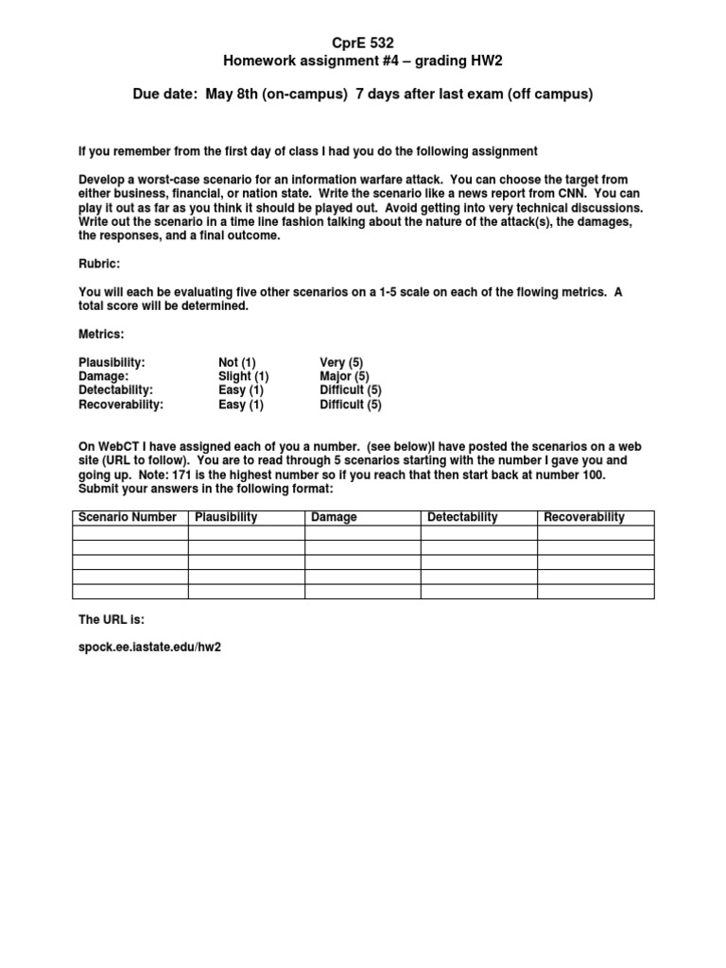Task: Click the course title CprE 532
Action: click(x=362, y=43)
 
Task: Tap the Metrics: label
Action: click(x=101, y=334)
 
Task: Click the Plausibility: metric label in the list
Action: click(x=112, y=362)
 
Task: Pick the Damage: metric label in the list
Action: click(x=103, y=376)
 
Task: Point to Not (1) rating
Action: click(x=237, y=362)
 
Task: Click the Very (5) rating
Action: click(x=341, y=362)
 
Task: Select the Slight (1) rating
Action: click(x=244, y=376)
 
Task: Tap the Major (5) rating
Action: click(x=344, y=376)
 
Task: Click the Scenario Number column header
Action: click(x=128, y=517)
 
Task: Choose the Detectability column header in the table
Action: click(x=462, y=517)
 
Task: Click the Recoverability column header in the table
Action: click(x=584, y=517)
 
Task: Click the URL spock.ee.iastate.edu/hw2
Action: click(x=152, y=648)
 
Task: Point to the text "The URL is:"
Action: click(x=112, y=619)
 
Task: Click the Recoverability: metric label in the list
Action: click(x=121, y=405)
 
